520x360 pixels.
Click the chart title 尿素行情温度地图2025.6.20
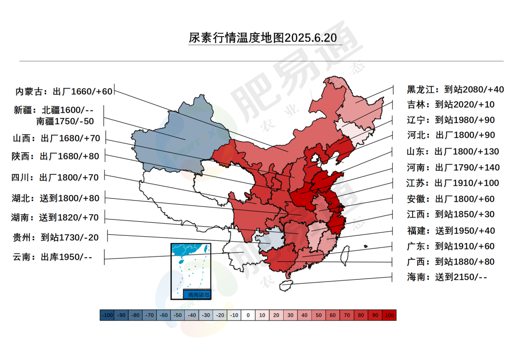point(262,38)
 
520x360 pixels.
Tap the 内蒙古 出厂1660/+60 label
point(64,91)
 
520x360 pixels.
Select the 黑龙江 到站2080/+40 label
point(455,90)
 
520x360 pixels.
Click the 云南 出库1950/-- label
point(52,257)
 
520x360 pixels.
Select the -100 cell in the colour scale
point(107,315)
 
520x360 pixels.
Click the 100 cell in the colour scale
point(389,315)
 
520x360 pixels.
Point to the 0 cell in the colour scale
point(248,315)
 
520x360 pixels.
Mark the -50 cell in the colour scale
point(178,315)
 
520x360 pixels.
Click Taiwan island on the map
point(344,256)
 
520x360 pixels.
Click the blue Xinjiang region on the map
point(169,130)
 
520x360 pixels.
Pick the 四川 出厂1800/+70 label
point(55,178)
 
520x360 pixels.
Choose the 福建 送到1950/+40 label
point(451,231)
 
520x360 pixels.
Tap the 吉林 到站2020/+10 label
point(450,104)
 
